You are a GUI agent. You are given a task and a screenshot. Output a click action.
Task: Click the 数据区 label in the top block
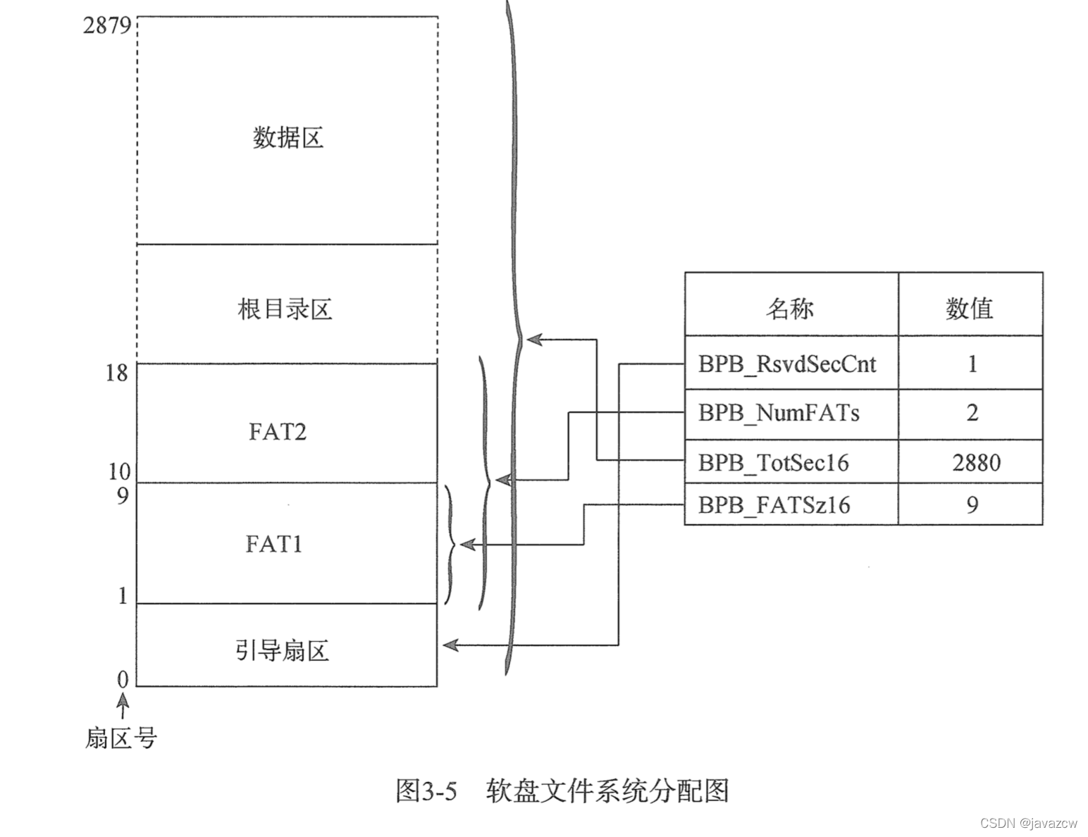click(288, 137)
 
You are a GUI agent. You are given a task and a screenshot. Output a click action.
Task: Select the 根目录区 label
click(285, 309)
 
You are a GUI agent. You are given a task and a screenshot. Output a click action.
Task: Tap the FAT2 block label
click(278, 431)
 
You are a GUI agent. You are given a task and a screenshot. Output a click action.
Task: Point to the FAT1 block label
click(274, 544)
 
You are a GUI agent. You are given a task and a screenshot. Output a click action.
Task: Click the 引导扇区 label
click(282, 650)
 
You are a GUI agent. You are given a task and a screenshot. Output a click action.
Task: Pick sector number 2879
click(107, 26)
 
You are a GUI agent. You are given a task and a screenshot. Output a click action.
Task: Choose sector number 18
click(117, 373)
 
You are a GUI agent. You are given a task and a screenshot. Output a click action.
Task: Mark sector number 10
click(118, 471)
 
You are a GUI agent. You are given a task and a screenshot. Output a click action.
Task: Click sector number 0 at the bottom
click(123, 679)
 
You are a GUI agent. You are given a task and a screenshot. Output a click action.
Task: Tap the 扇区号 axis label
click(120, 738)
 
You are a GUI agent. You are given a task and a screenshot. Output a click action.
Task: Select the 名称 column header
click(790, 308)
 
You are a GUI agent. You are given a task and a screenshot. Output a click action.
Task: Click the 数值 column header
click(970, 308)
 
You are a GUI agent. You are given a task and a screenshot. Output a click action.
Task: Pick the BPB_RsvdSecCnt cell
click(787, 364)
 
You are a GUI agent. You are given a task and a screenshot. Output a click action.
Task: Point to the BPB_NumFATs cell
click(779, 413)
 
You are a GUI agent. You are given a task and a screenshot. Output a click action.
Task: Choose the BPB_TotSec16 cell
click(773, 463)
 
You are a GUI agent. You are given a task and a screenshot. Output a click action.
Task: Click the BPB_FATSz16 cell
click(774, 505)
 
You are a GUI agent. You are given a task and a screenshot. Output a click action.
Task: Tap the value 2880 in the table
click(976, 463)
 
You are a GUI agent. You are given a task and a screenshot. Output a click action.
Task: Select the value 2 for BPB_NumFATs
click(972, 413)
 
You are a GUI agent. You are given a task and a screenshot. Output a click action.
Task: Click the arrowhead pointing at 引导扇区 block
click(449, 645)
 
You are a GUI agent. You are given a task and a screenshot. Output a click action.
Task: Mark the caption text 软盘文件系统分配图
click(607, 791)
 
